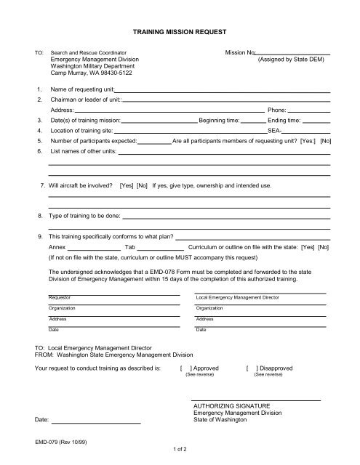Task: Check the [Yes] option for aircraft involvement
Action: point(127,186)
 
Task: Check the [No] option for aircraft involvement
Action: point(142,186)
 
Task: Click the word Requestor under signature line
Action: point(60,297)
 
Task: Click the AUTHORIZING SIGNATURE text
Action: point(231,405)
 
